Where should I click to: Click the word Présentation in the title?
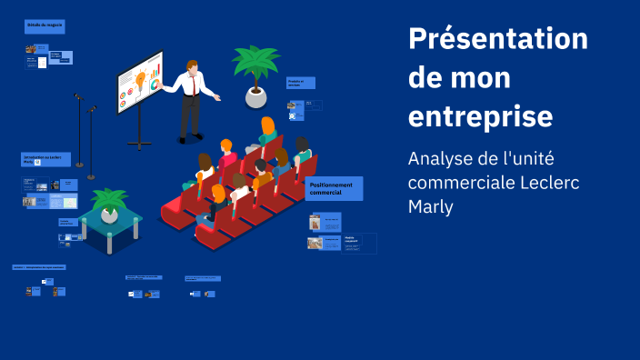click(498, 40)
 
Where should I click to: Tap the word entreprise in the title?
click(480, 117)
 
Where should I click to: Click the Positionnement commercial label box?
click(335, 189)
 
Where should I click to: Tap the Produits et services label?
click(301, 83)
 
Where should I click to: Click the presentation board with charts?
click(140, 81)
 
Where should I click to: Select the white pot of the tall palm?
click(256, 96)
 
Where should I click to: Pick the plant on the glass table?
click(110, 203)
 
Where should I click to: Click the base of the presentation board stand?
click(140, 144)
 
